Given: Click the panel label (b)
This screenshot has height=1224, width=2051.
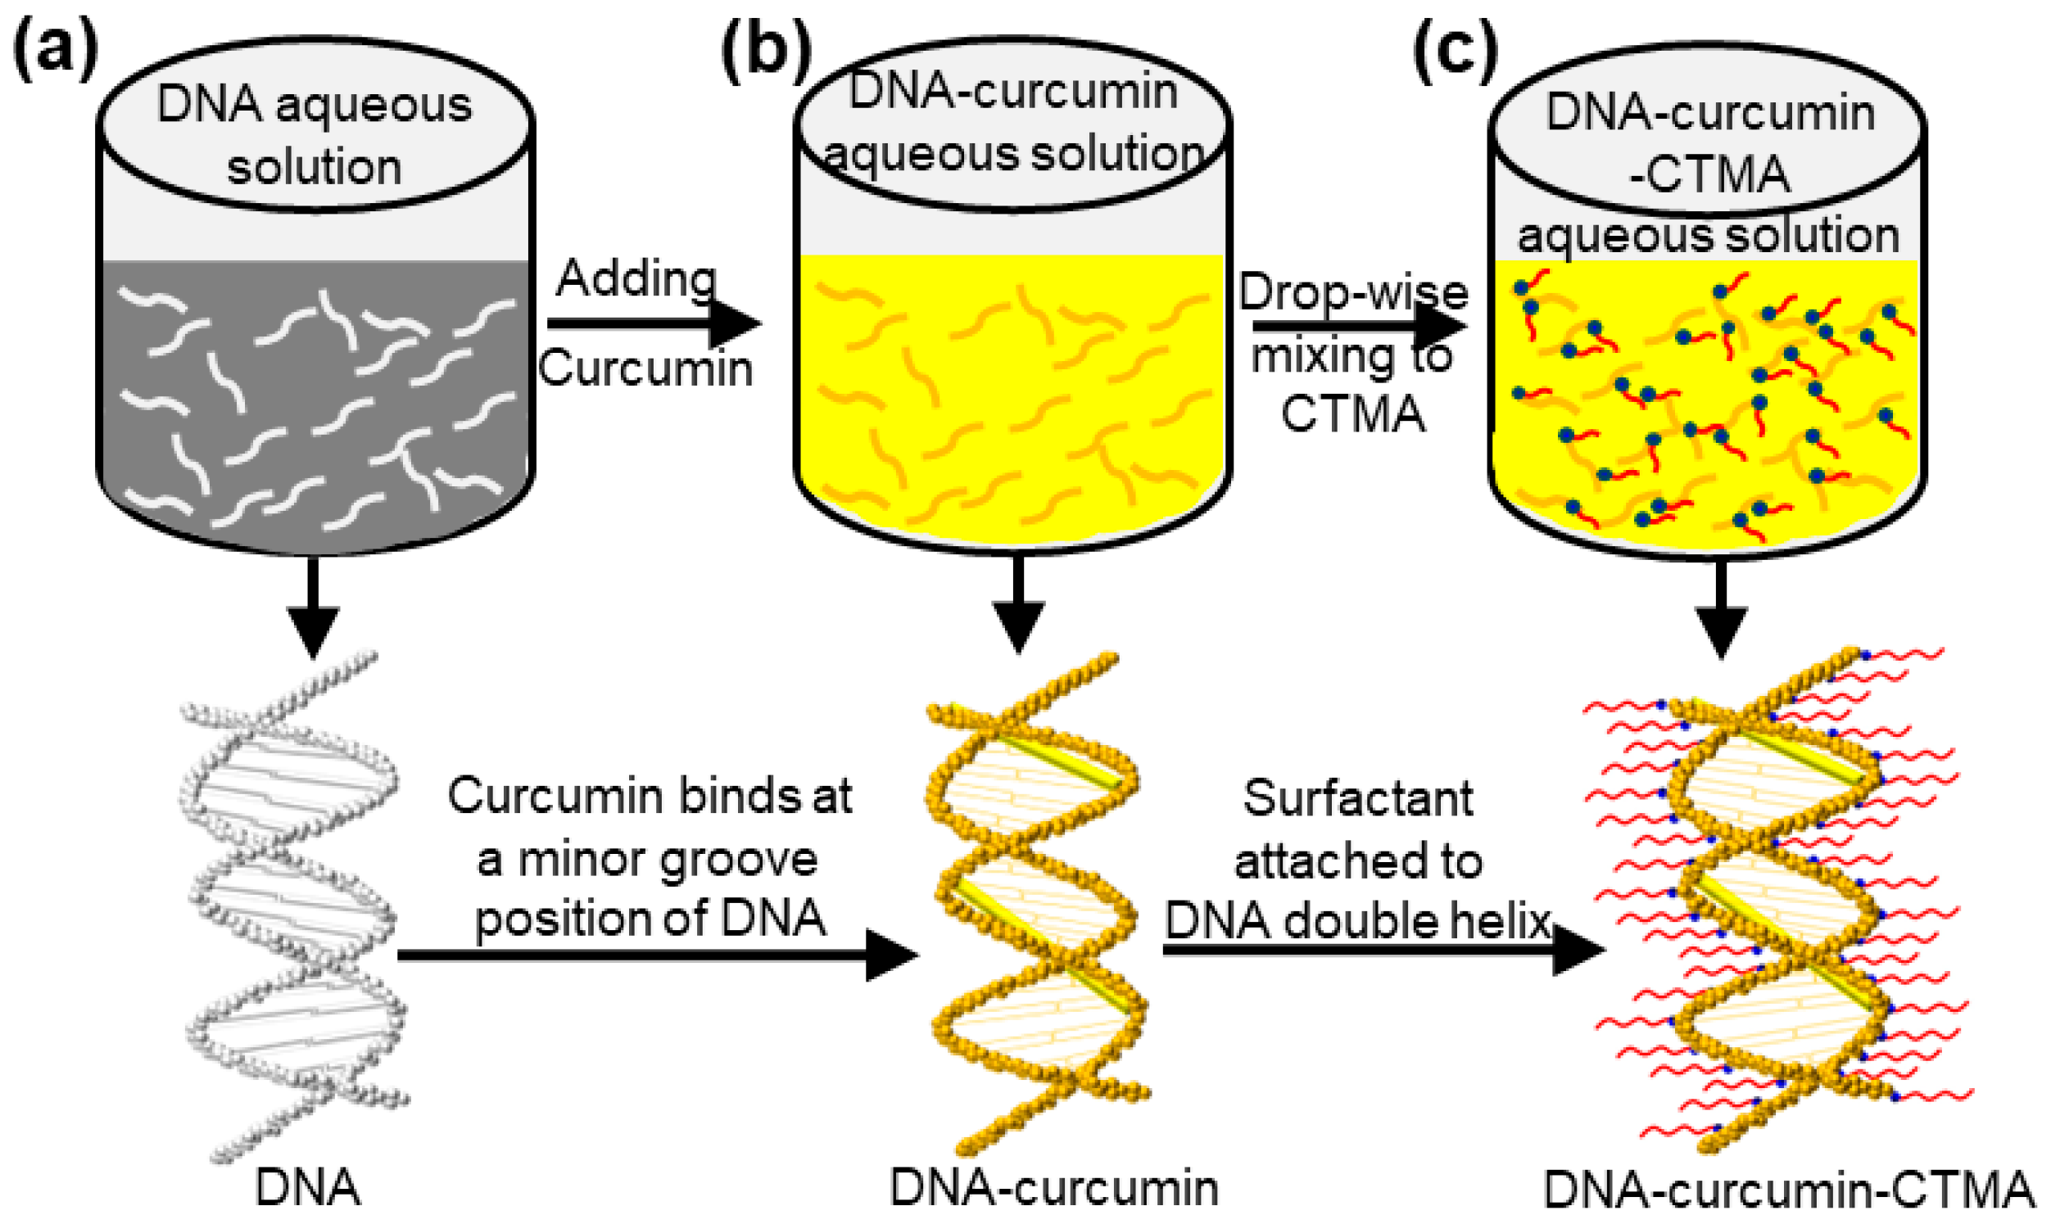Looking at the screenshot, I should pos(765,55).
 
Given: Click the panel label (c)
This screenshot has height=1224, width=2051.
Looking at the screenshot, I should pos(1456,55).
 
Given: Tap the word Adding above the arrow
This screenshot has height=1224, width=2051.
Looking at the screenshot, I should pos(635,279).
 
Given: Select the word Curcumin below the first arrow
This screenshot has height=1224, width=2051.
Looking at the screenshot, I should pos(645,368).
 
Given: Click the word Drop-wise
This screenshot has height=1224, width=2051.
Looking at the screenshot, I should pos(1353,293).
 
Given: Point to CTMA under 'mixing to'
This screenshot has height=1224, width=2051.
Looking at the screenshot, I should pos(1353,414).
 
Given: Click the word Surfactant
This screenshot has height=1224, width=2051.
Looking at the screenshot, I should pos(1358,798).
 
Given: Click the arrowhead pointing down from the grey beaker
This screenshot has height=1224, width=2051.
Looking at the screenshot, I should pos(314,631).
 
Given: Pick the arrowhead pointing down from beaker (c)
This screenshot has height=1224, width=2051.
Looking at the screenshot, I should pos(1721,631).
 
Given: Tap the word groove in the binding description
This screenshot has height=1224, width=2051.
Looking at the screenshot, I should pos(739,860).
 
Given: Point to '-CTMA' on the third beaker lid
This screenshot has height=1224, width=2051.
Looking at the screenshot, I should pos(1709,175).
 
